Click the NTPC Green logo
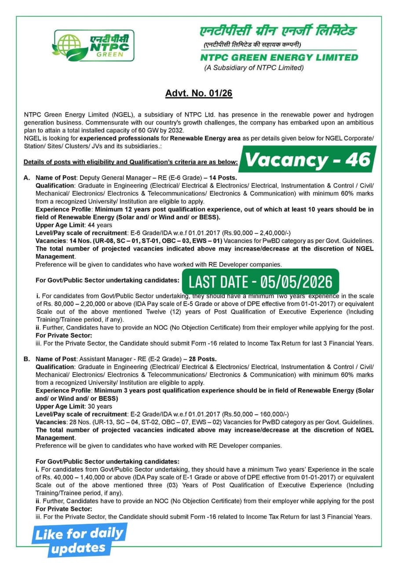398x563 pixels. pos(94,45)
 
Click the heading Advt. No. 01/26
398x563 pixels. pos(199,93)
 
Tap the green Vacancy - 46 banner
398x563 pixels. pos(308,160)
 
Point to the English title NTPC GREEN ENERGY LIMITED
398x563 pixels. pos(279,57)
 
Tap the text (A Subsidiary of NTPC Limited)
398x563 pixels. pos(254,68)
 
